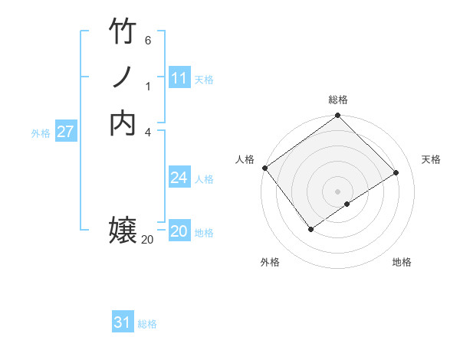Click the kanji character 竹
click(123, 33)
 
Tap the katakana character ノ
click(123, 77)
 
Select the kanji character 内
click(123, 123)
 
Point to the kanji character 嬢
click(123, 230)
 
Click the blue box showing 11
click(179, 78)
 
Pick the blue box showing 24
click(179, 178)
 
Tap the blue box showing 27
click(65, 132)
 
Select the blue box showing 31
click(123, 322)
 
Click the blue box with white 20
click(179, 231)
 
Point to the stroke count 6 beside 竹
click(148, 40)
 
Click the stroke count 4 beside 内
click(148, 131)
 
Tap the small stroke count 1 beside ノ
click(148, 86)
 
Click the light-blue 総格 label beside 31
click(147, 324)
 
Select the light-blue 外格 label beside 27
click(41, 133)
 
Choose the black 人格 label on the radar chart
click(245, 159)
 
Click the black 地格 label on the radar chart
click(402, 262)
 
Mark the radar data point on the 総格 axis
click(337, 116)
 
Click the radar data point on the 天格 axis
click(396, 172)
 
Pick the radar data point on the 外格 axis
click(310, 229)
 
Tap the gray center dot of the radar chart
click(337, 191)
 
